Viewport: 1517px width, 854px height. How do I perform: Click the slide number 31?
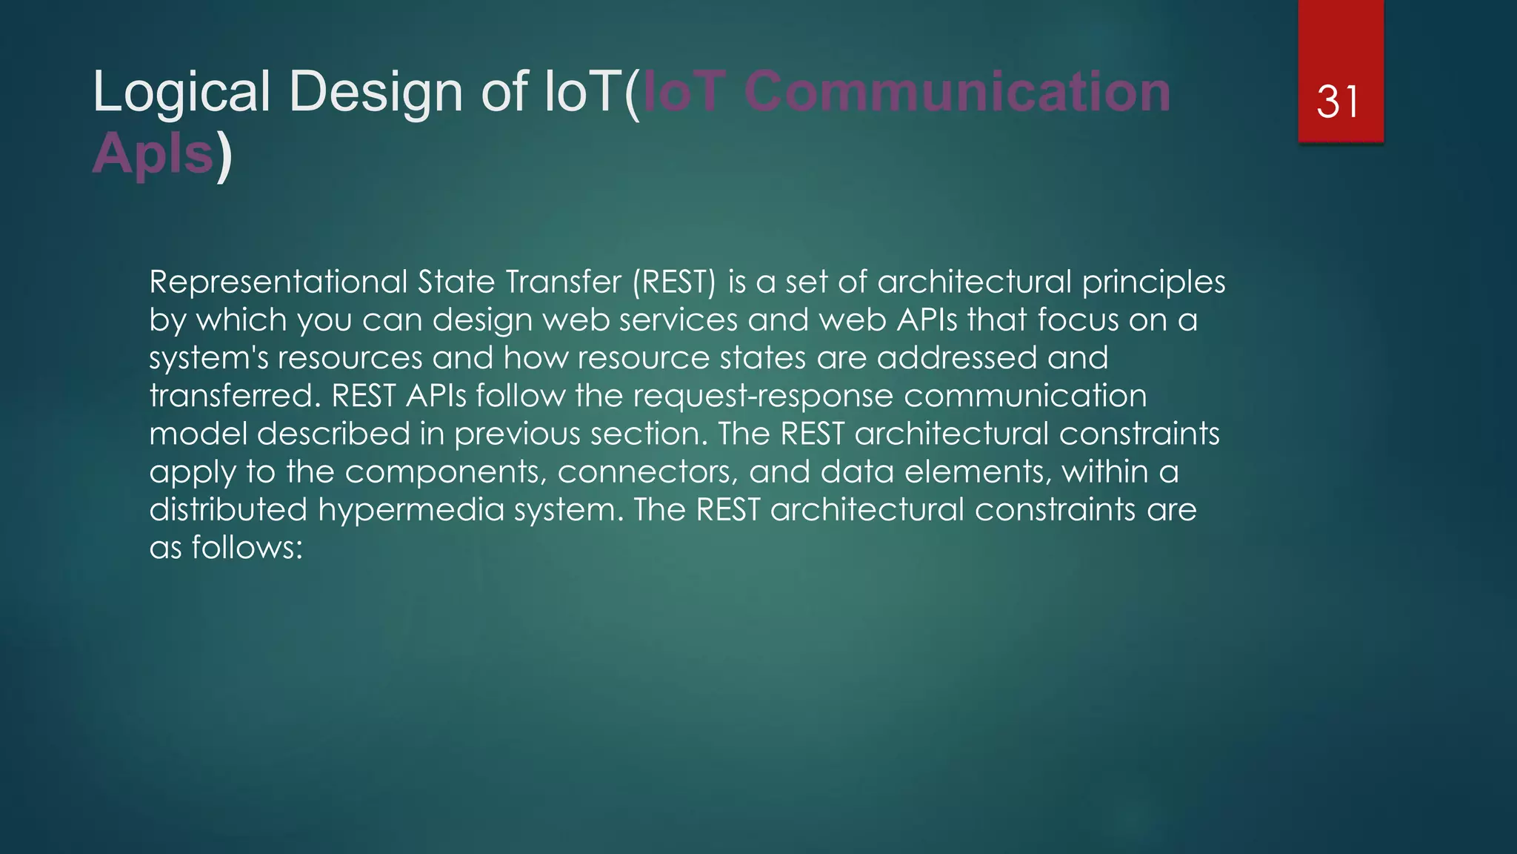pyautogui.click(x=1338, y=102)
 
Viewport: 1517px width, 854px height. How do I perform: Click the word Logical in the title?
pyautogui.click(x=181, y=92)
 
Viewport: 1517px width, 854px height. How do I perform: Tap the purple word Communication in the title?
pyautogui.click(x=957, y=92)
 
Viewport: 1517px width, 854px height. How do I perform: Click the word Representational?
pyautogui.click(x=279, y=282)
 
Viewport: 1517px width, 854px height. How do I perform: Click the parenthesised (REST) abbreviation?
pyautogui.click(x=674, y=282)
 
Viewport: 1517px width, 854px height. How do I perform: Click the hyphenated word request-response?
pyautogui.click(x=763, y=396)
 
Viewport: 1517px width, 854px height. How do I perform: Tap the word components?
pyautogui.click(x=445, y=472)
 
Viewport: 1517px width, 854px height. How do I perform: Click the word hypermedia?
pyautogui.click(x=410, y=510)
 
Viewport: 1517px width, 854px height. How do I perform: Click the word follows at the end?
pyautogui.click(x=247, y=548)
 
